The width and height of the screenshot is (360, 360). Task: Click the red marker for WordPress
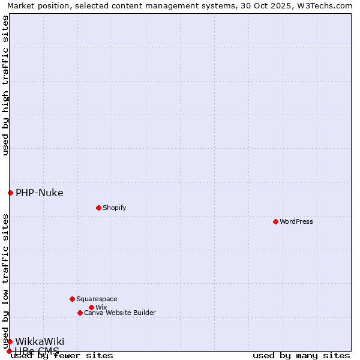tap(275, 221)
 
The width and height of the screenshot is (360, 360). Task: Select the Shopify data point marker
tap(98, 208)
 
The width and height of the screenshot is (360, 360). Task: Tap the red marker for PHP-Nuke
tap(10, 193)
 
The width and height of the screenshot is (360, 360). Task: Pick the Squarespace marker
tap(72, 299)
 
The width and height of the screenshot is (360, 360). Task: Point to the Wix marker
tap(91, 307)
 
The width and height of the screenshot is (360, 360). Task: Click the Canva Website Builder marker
tap(80, 313)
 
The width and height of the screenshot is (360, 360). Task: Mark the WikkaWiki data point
tap(10, 341)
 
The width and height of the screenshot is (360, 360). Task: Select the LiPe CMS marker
tap(9, 351)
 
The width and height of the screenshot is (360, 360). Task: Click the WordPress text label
tap(296, 221)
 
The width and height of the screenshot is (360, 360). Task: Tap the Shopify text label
tap(114, 208)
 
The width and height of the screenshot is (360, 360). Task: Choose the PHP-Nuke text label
tap(39, 193)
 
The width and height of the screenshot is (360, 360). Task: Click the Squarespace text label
tap(97, 299)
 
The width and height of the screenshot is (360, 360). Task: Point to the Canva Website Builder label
tap(120, 313)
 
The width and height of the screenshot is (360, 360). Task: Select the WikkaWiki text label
tap(40, 341)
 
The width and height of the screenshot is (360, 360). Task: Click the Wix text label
tap(101, 307)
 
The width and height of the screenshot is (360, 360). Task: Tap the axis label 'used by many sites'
tap(301, 356)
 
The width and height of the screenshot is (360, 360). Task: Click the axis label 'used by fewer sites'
tap(62, 356)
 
